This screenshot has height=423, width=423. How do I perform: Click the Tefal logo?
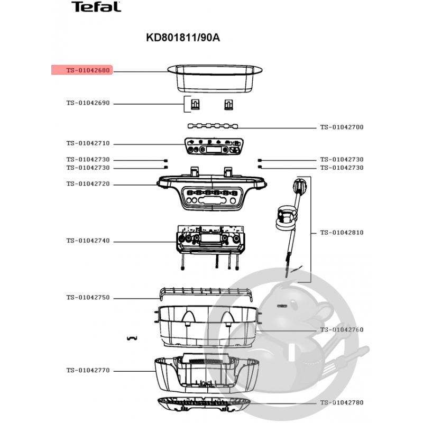click(96, 7)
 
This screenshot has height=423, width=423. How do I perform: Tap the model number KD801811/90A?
click(183, 38)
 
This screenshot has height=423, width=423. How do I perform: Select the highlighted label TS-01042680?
click(88, 70)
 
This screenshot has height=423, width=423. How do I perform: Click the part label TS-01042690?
click(88, 103)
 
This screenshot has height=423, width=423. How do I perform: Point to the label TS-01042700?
click(342, 127)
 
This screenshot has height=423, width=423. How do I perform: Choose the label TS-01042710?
click(88, 143)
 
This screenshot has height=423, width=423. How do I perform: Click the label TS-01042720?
click(88, 183)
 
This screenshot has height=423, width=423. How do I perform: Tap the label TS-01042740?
click(88, 241)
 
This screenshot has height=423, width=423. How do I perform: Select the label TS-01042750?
click(88, 297)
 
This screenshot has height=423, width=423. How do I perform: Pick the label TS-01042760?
click(342, 329)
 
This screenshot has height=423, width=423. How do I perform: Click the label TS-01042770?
click(88, 370)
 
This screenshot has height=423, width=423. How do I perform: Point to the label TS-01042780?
click(342, 402)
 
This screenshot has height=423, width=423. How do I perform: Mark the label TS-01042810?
click(342, 233)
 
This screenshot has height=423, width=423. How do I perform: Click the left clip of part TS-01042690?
click(195, 104)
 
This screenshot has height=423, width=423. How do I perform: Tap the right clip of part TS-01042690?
click(228, 104)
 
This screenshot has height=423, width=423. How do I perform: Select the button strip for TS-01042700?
click(213, 126)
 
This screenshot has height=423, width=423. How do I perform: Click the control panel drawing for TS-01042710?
click(214, 146)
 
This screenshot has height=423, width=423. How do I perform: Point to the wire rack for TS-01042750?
click(206, 295)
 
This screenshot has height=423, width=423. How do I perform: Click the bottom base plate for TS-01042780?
click(204, 404)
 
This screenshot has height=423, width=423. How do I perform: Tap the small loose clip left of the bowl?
click(132, 338)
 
